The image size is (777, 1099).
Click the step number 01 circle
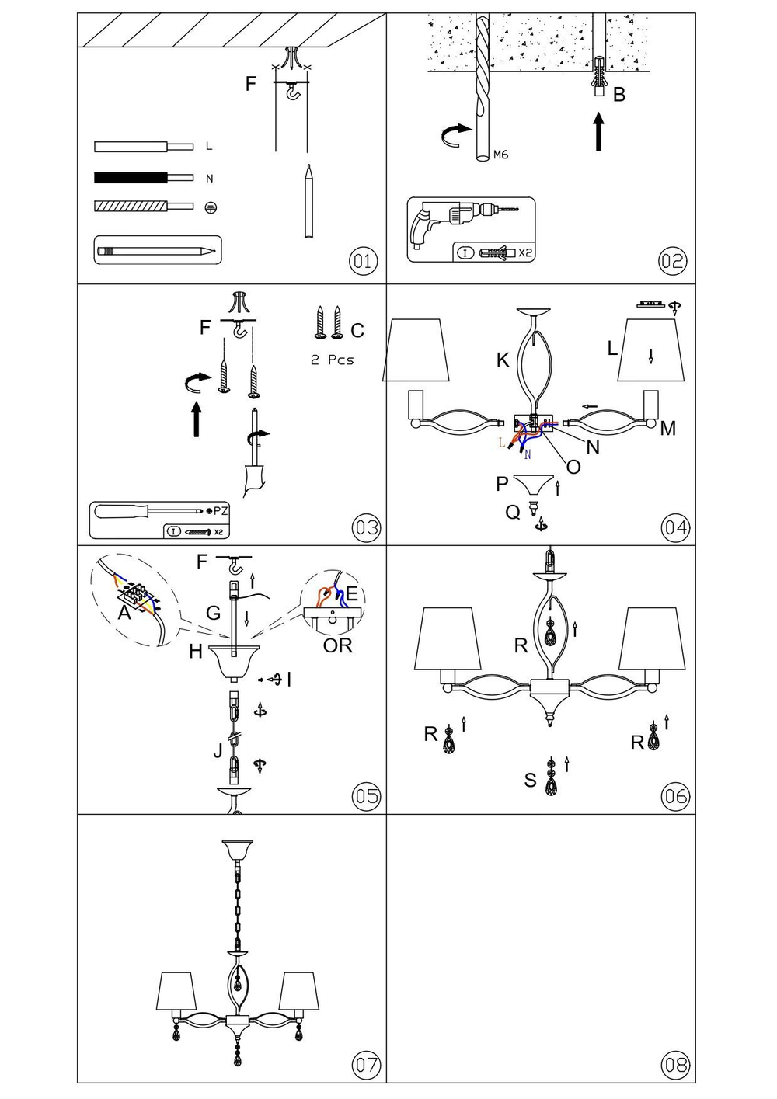[363, 261]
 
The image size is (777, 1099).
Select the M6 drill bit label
[500, 155]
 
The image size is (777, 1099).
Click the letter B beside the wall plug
[619, 95]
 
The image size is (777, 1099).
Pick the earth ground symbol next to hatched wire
[209, 207]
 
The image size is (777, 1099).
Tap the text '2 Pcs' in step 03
[332, 360]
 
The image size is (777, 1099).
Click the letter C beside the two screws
[357, 331]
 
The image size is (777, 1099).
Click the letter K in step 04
[503, 360]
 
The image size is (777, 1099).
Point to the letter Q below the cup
[513, 513]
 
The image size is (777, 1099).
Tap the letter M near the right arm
[667, 428]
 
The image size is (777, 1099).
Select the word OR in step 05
[337, 645]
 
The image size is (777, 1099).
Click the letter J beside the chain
[218, 750]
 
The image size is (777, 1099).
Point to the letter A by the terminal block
[124, 614]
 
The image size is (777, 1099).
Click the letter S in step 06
[530, 781]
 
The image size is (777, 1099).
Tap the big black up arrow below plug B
[598, 132]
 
